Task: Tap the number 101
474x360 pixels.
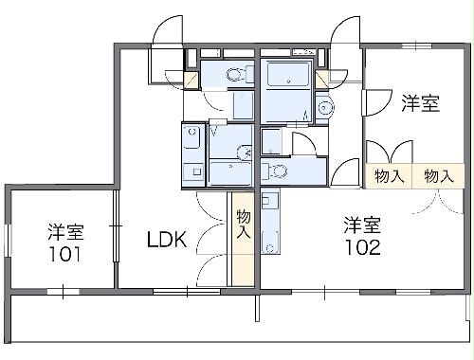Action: (64, 254)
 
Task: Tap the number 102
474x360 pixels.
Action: (363, 248)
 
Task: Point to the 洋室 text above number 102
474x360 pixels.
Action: (363, 225)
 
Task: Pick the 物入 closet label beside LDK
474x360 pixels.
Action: (243, 225)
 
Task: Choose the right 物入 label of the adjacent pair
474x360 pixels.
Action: (438, 176)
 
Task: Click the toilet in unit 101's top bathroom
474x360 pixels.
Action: (234, 76)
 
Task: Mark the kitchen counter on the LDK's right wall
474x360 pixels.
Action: (193, 153)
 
